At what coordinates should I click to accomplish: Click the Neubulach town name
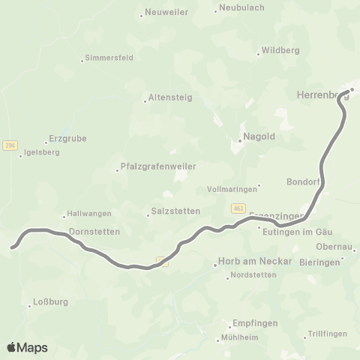point(238,9)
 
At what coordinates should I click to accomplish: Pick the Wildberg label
point(280,51)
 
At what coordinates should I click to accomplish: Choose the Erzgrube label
point(63,139)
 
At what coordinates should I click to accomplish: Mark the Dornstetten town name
point(94,232)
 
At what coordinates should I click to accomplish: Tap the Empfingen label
point(255,322)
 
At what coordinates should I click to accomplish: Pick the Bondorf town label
point(304,182)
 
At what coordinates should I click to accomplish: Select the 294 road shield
point(9,145)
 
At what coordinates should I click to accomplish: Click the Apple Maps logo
point(27,347)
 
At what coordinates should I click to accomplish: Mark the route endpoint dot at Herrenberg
point(350,91)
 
